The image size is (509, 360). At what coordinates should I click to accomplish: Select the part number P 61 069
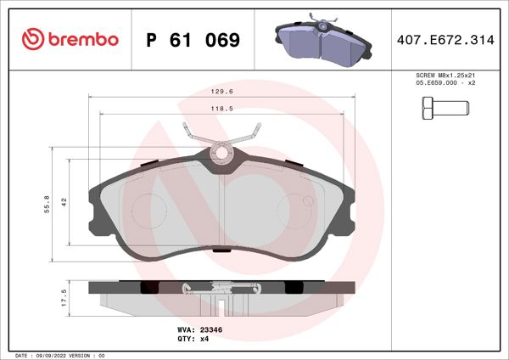click(x=193, y=40)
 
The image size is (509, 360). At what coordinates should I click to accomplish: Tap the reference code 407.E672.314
click(x=445, y=40)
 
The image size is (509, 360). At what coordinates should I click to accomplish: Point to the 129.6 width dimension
click(x=222, y=93)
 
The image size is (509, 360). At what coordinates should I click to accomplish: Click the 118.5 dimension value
click(x=222, y=109)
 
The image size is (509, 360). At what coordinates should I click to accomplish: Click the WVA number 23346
click(x=210, y=329)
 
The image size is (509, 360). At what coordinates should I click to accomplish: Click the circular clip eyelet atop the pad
click(x=222, y=154)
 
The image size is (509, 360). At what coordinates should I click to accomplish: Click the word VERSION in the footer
click(x=87, y=354)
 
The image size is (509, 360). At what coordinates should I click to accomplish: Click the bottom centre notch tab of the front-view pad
click(x=222, y=250)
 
